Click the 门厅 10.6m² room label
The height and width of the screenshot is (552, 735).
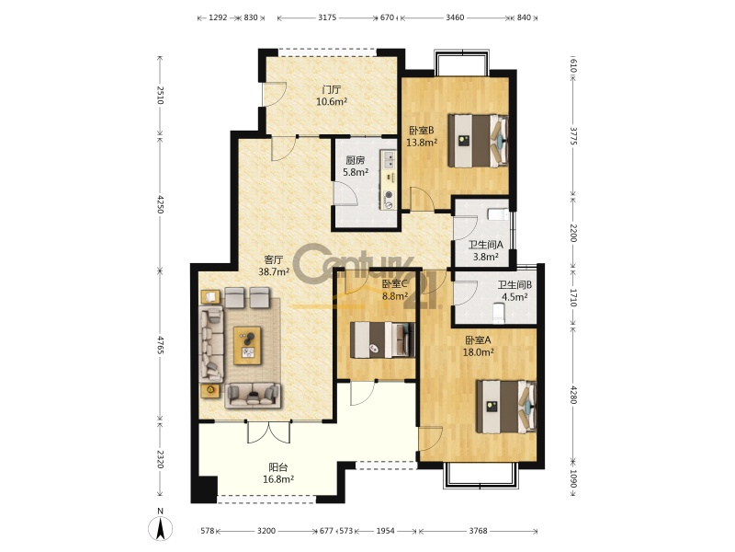[332, 96]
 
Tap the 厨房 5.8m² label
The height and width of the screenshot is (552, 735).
[356, 167]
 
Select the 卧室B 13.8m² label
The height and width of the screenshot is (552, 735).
[422, 136]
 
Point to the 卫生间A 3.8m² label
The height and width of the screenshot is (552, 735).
[486, 250]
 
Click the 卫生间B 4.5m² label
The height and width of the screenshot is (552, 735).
[514, 291]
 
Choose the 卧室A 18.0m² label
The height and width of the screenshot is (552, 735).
[478, 346]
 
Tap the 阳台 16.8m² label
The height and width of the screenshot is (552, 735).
[278, 473]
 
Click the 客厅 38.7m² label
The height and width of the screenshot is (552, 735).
[273, 265]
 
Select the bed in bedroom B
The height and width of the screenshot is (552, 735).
[478, 141]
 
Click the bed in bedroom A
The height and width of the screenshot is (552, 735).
[506, 407]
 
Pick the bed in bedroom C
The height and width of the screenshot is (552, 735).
[383, 339]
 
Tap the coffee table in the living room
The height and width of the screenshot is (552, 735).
[247, 346]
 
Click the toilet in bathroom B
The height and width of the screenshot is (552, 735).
[499, 313]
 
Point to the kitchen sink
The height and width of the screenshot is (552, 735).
[388, 159]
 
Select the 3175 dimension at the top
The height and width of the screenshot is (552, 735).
[327, 17]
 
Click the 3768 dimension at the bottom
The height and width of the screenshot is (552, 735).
[478, 531]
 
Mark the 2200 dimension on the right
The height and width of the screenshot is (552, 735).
[572, 232]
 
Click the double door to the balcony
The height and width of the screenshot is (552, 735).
[268, 431]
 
